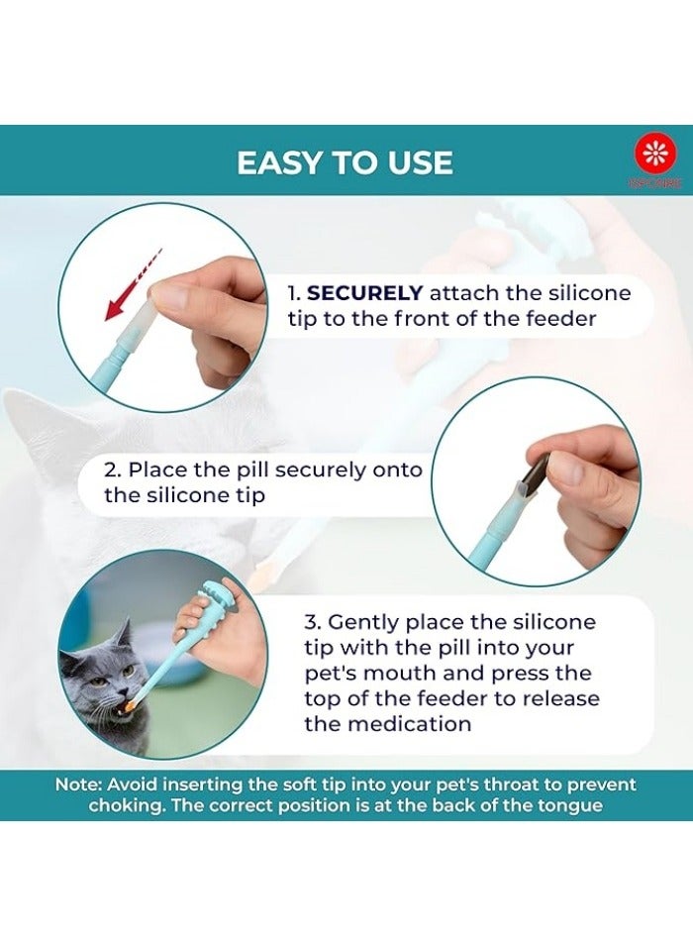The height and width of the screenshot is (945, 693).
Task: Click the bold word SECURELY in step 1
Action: [x=365, y=294]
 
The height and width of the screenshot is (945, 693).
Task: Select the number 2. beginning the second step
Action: [x=113, y=469]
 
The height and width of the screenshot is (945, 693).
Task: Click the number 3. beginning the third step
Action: [x=313, y=622]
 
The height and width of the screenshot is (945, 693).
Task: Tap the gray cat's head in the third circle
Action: [x=100, y=674]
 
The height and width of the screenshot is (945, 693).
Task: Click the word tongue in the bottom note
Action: [x=567, y=805]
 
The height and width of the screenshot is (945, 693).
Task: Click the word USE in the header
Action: [x=419, y=162]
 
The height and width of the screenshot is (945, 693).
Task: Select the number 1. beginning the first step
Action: [x=294, y=294]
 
